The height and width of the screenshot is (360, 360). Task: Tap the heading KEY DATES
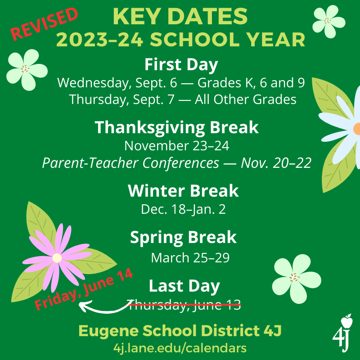pyautogui.click(x=180, y=17)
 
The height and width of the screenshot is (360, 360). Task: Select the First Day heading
pyautogui.click(x=181, y=64)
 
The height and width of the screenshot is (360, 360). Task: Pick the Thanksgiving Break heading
pyautogui.click(x=176, y=127)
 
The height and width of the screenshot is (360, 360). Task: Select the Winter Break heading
pyautogui.click(x=183, y=191)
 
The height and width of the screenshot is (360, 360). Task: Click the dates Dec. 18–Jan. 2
pyautogui.click(x=183, y=209)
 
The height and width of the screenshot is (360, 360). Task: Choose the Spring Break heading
pyautogui.click(x=183, y=237)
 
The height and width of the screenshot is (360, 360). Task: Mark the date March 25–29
pyautogui.click(x=190, y=257)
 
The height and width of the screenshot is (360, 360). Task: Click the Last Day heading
pyautogui.click(x=184, y=286)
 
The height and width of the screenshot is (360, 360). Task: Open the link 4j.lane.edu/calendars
pyautogui.click(x=180, y=348)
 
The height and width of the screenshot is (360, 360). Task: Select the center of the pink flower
pyautogui.click(x=57, y=258)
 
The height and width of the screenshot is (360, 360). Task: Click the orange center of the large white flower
pyautogui.click(x=357, y=129)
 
